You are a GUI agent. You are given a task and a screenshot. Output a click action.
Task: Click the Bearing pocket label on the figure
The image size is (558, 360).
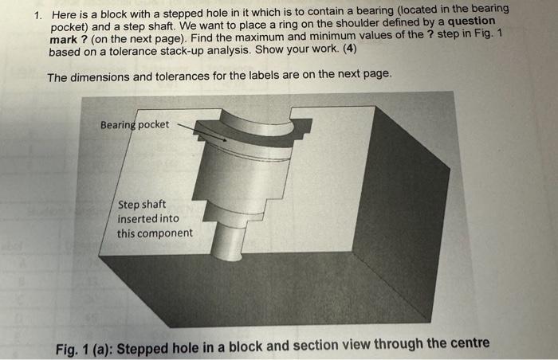pos(135,125)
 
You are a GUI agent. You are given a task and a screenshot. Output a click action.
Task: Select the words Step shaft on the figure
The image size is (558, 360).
pos(142,204)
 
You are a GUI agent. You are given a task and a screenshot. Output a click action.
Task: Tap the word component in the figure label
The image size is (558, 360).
pos(166,233)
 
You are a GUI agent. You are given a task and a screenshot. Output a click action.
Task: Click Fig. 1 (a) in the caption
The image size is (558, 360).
pos(87,348)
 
